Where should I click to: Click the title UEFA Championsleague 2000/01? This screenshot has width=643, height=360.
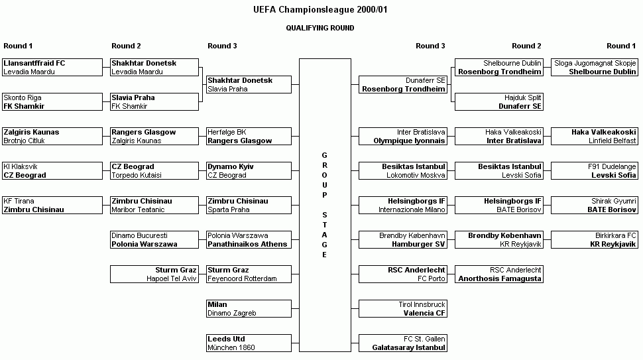320,9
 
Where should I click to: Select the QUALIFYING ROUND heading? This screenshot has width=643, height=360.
320,28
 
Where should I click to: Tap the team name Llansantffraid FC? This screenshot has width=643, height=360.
34,63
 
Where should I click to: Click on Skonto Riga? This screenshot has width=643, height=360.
22,98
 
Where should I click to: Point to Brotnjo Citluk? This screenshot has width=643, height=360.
24,141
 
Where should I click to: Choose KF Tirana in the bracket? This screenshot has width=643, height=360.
19,201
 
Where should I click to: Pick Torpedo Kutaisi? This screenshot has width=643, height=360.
137,175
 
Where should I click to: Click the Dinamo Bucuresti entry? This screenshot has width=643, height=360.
139,235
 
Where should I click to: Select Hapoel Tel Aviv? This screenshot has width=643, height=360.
172,278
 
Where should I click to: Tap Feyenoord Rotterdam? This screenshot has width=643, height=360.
242,278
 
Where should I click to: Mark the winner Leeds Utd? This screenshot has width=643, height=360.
226,339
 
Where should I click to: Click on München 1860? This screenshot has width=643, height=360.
231,347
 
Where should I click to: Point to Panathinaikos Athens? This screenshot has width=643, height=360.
247,244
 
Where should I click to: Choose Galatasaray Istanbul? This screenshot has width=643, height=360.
408,347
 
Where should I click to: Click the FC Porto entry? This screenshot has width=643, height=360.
432,278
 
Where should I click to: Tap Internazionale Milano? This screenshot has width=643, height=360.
412,210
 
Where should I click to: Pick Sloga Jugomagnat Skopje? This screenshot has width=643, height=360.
595,63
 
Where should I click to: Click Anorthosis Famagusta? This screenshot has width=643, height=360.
499,278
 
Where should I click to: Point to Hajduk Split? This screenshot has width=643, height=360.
523,98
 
